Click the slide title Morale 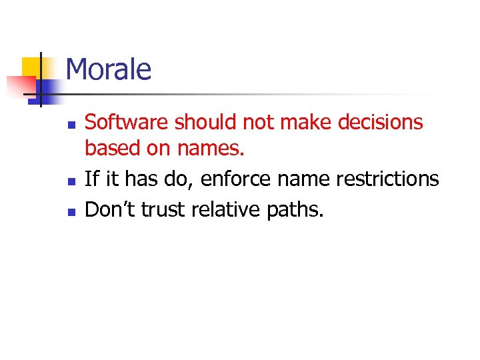point(109,69)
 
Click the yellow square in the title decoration point(31,67)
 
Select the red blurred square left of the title point(20,85)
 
